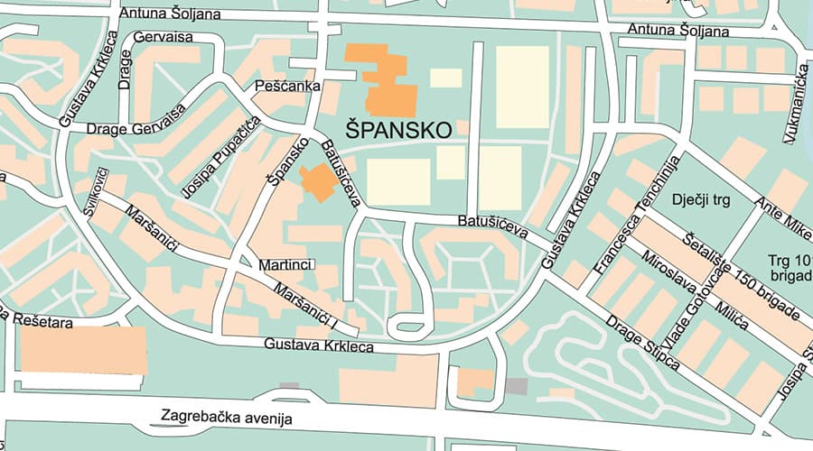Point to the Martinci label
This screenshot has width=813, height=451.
coord(285,265)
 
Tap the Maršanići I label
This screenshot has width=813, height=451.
coord(308,308)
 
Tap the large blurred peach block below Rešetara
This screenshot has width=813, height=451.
coord(83,350)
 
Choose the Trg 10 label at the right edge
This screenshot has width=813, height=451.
coord(784,260)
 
